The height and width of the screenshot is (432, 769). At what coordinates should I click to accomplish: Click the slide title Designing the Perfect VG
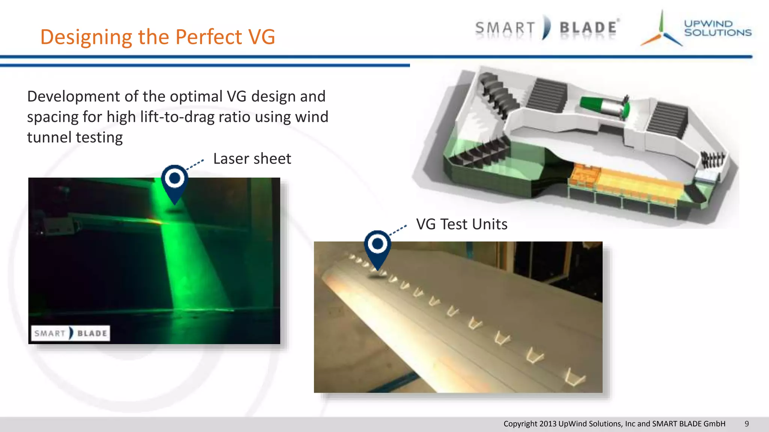point(158,37)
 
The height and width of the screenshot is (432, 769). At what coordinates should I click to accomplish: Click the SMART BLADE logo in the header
point(547,28)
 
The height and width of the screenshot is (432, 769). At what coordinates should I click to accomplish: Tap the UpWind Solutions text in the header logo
point(717,28)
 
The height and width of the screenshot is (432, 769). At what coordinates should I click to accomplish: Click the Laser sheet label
point(252,159)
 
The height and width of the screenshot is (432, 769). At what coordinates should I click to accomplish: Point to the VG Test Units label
point(461,224)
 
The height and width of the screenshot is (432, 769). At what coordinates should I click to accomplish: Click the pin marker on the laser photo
point(175,181)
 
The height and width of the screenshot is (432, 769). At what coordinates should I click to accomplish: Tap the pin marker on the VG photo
point(377,246)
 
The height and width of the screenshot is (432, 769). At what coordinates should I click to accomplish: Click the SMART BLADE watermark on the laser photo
point(70,333)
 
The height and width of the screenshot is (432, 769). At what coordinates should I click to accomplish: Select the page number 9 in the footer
point(746,424)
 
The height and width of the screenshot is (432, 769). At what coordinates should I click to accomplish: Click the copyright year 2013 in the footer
point(548,424)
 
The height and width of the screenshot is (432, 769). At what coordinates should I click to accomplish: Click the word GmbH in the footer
point(714,424)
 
